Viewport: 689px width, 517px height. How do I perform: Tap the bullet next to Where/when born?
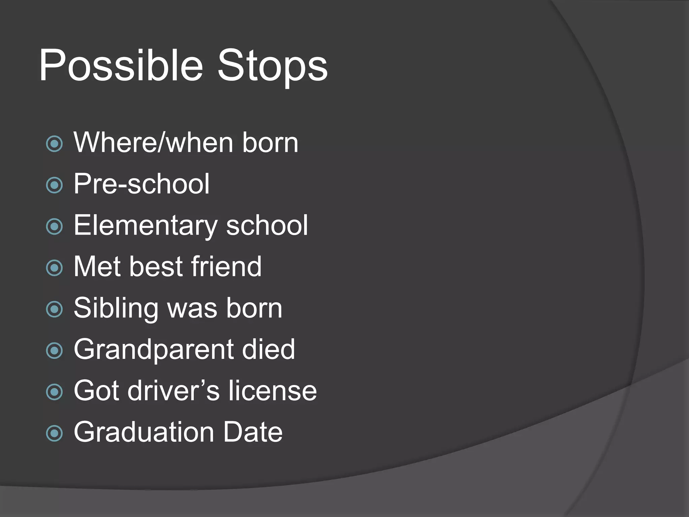tap(55, 144)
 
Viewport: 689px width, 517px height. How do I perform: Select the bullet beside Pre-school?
tap(55, 185)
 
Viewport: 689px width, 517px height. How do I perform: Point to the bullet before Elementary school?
tap(55, 227)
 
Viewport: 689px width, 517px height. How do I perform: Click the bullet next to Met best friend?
tap(55, 268)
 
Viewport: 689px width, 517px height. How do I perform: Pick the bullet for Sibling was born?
tap(55, 309)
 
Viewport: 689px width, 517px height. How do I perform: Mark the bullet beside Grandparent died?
tap(55, 351)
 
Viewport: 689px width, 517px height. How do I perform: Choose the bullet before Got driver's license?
tap(55, 392)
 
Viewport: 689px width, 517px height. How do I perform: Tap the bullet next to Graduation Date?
tap(55, 433)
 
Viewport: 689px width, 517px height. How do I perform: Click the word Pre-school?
tap(142, 184)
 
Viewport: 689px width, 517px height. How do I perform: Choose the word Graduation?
tap(144, 432)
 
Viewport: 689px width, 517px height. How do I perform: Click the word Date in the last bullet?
tap(253, 432)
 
